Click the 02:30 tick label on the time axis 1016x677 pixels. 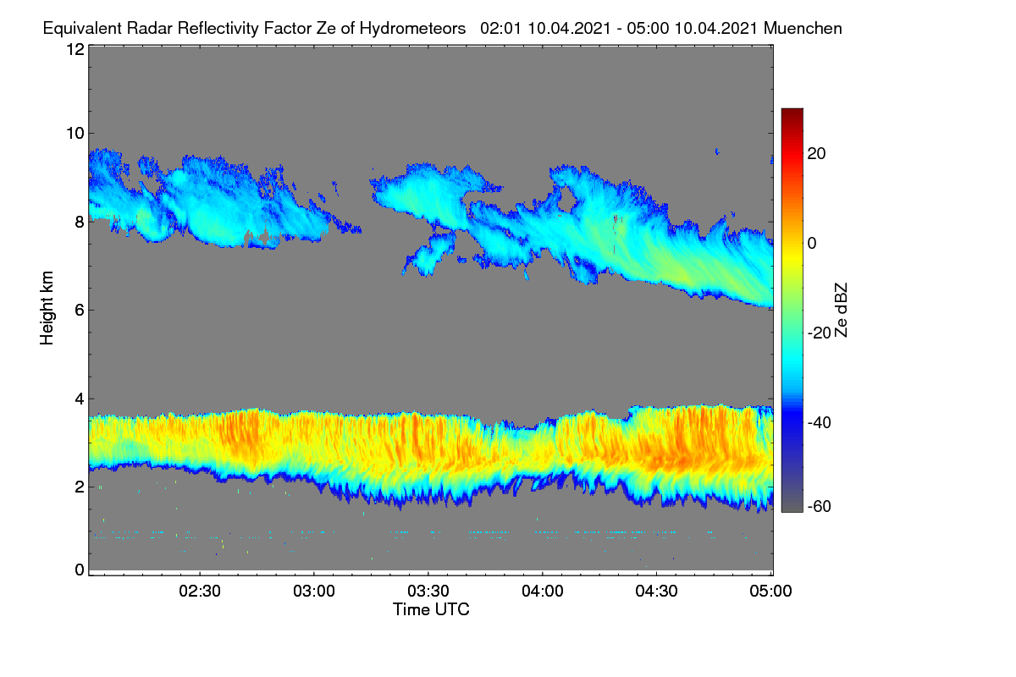pos(200,592)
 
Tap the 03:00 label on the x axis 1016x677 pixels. pos(314,592)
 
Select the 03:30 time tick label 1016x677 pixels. pos(428,592)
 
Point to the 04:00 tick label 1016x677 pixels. pos(543,592)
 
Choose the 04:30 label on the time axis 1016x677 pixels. pos(656,592)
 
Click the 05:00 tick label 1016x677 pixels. pos(770,592)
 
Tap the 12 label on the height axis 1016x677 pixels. pos(75,49)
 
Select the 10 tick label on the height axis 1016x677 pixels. pos(75,134)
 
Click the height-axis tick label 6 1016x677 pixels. pos(80,311)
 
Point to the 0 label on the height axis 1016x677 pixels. pos(80,570)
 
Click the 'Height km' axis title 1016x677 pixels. pos(47,308)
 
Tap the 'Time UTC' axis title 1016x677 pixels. pos(431,609)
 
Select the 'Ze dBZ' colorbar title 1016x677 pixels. pos(841,311)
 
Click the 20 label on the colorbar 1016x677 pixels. pos(816,154)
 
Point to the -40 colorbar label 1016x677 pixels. pos(820,422)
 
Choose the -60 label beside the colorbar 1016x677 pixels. pos(820,507)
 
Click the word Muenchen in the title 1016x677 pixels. pos(803,29)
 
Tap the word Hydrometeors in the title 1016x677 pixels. pos(413,30)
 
